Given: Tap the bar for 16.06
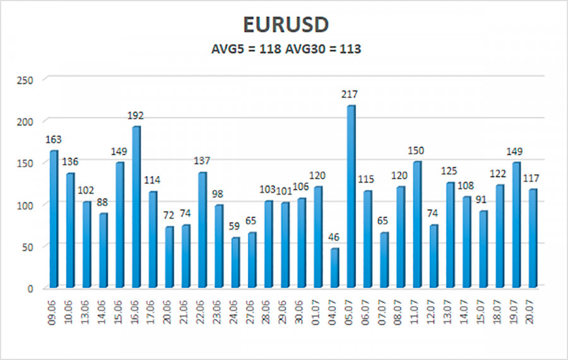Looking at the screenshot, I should pyautogui.click(x=136, y=206).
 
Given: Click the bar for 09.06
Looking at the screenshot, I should pyautogui.click(x=54, y=218).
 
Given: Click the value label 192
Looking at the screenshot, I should pyautogui.click(x=136, y=116).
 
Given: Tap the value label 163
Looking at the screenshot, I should pyautogui.click(x=54, y=140).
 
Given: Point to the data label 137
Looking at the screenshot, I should pyautogui.click(x=203, y=161).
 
